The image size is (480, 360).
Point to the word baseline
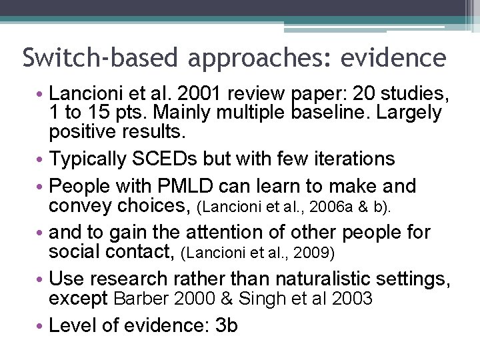pos(331,113)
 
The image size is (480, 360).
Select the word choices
pos(156,206)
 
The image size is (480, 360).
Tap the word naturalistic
pos(337,278)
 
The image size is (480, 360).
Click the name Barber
pos(141,299)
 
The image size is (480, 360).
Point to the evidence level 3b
pos(227,325)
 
